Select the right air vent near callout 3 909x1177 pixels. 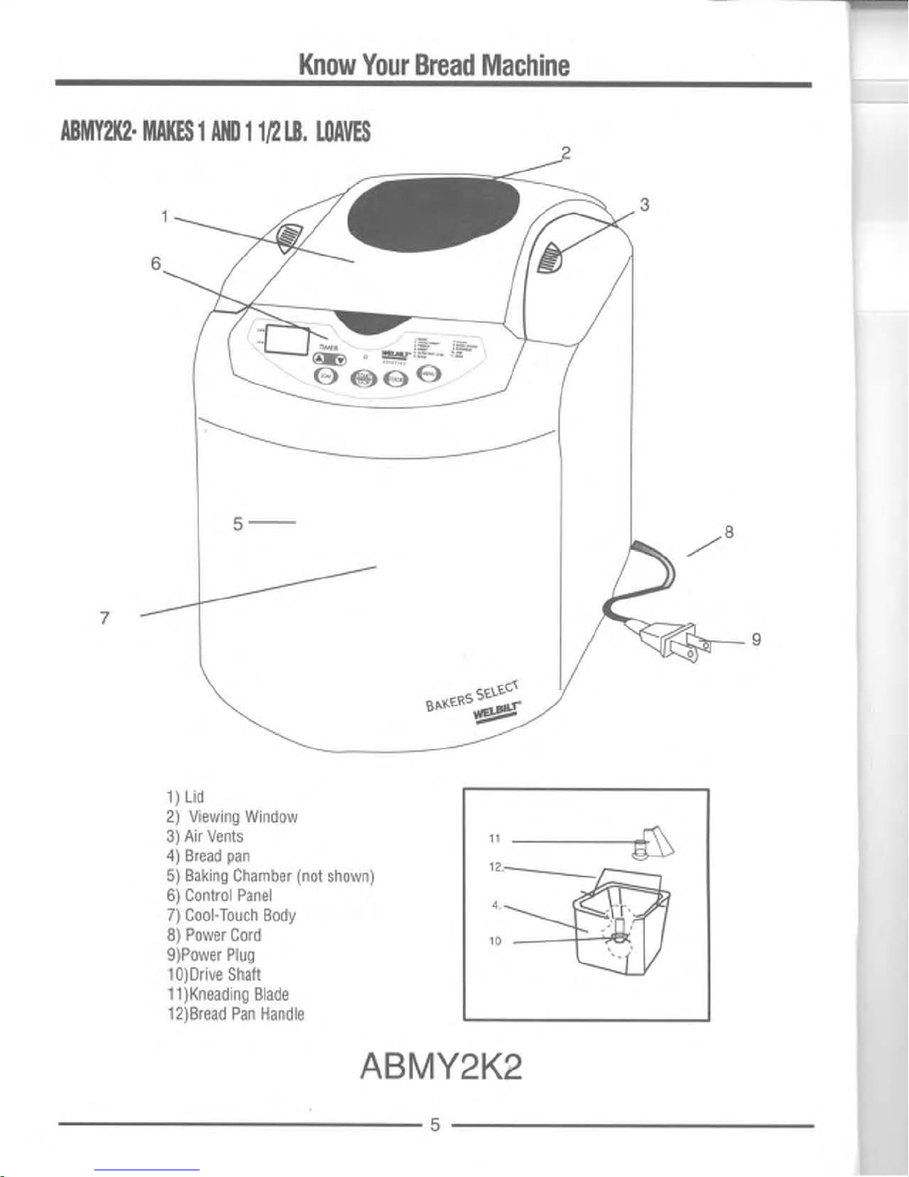point(548,258)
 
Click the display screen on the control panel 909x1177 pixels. point(287,340)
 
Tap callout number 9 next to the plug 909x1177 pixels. point(756,639)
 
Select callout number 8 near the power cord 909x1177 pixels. point(729,532)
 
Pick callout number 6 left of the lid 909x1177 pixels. point(155,263)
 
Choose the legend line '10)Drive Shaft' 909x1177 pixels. point(214,974)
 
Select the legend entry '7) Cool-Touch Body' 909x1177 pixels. point(232,915)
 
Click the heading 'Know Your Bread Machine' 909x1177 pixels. point(434,65)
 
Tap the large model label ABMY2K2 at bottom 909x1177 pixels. point(441,1069)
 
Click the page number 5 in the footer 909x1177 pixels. point(436,1124)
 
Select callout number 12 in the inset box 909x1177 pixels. point(496,867)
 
